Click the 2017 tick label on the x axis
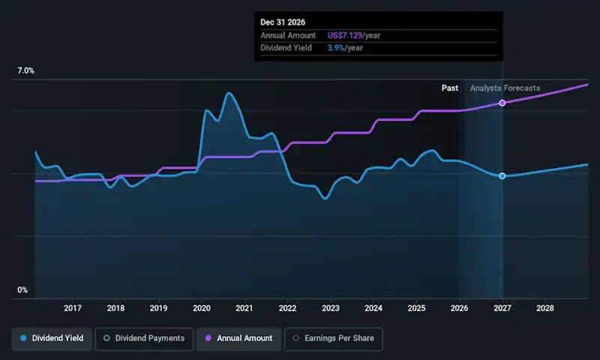(73, 308)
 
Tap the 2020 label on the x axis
(202, 308)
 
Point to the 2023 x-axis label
(331, 308)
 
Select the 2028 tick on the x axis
(545, 308)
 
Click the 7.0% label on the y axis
(26, 71)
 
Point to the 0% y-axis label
(22, 290)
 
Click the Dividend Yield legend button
(52, 339)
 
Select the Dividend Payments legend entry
(144, 339)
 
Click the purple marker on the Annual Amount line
(502, 103)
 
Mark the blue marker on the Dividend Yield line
(502, 176)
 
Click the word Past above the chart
(450, 88)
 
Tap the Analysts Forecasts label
(505, 88)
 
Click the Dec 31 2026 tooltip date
(283, 22)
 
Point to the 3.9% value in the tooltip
(335, 48)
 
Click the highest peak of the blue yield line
(229, 93)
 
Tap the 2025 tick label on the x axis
(416, 308)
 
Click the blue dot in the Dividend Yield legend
(23, 339)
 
